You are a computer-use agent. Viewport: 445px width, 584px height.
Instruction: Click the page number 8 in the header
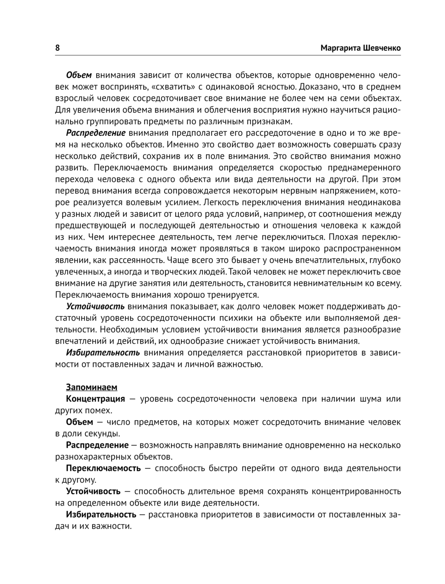pyautogui.click(x=57, y=48)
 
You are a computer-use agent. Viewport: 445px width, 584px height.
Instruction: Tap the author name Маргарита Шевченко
pyautogui.click(x=360, y=48)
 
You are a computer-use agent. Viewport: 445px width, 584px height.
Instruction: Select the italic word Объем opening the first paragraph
pyautogui.click(x=79, y=75)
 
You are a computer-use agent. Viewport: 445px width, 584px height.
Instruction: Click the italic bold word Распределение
pyautogui.click(x=96, y=133)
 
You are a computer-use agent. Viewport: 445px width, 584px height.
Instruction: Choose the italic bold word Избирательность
pyautogui.click(x=103, y=353)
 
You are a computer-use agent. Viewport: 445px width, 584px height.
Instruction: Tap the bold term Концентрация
pyautogui.click(x=95, y=399)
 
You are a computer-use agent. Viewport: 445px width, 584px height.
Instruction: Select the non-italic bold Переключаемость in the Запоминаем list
pyautogui.click(x=103, y=468)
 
